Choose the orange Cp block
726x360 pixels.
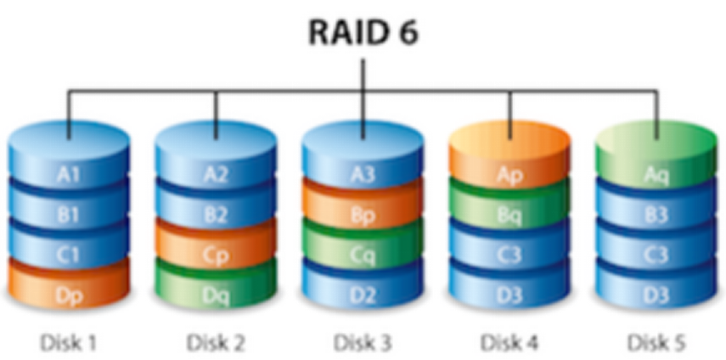[216, 256]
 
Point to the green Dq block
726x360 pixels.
[216, 295]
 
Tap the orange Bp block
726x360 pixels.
[363, 215]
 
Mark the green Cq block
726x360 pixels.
[363, 256]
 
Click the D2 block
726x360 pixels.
[363, 295]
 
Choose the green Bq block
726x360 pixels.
[510, 215]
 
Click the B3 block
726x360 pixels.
[657, 215]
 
